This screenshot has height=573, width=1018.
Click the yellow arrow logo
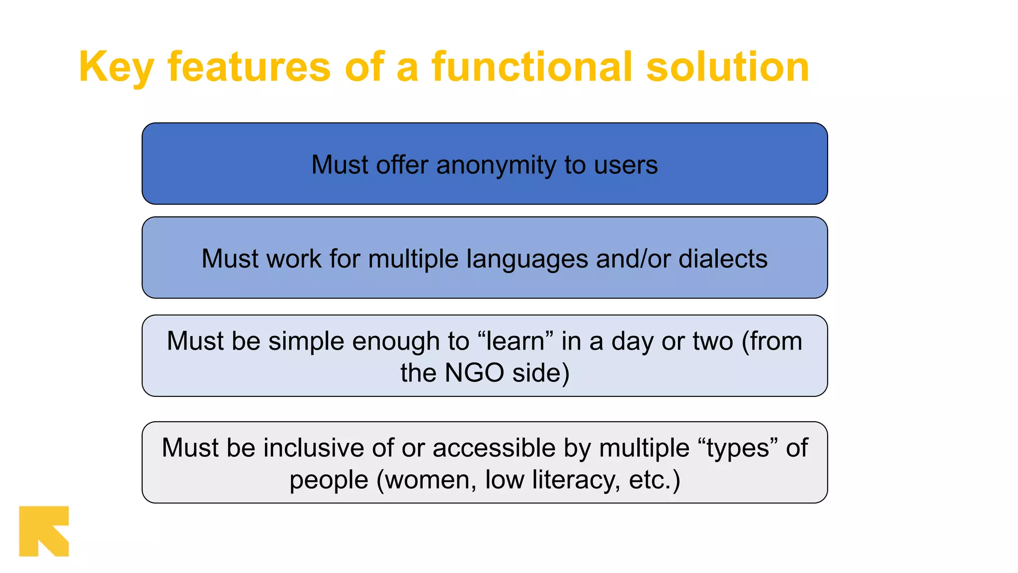click(44, 531)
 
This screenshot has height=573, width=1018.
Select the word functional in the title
click(531, 67)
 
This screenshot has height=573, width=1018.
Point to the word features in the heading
click(249, 67)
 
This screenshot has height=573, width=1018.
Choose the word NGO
click(474, 373)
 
